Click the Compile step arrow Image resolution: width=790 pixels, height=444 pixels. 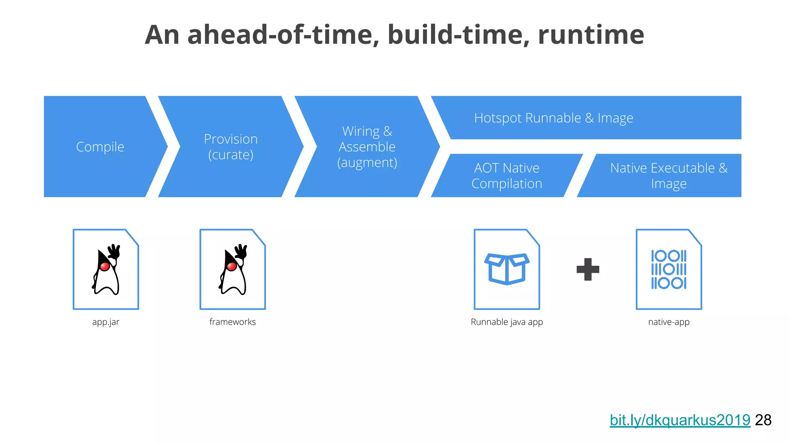tap(100, 147)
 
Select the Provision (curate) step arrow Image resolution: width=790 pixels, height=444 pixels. tap(231, 147)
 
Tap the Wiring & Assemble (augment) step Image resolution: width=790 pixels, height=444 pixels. tap(367, 147)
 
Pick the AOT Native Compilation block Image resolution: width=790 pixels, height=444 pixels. tap(506, 176)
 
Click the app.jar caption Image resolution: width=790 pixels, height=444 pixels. tap(106, 322)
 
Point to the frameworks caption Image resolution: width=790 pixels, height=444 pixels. tap(232, 322)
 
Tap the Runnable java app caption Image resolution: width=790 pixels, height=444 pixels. tap(506, 322)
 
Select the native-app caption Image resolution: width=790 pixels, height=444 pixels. tap(668, 322)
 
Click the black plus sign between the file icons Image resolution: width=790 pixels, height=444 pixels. tap(587, 269)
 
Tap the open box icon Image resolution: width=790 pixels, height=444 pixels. tap(506, 269)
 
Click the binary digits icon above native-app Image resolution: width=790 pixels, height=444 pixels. tap(668, 269)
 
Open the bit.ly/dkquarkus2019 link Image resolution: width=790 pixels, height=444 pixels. tap(680, 420)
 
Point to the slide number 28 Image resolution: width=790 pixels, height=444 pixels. tap(763, 420)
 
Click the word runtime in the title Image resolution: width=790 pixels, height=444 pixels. tap(591, 35)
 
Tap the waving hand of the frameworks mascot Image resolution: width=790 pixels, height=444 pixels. tap(241, 251)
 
